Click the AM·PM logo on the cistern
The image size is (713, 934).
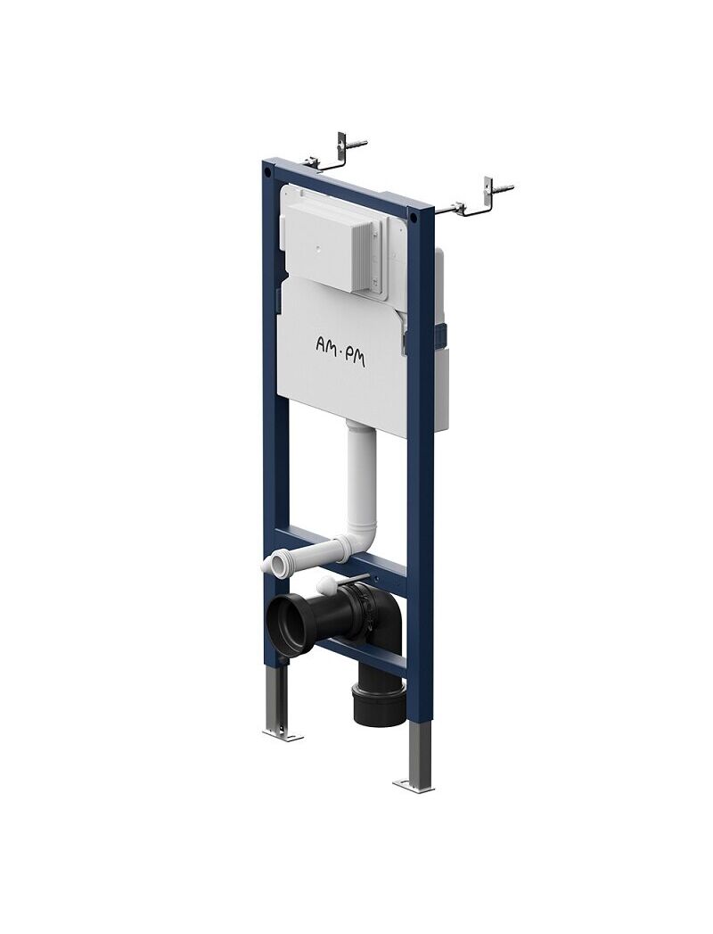click(x=340, y=351)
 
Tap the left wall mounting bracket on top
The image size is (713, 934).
click(x=334, y=153)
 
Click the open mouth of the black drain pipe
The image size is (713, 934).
click(x=290, y=626)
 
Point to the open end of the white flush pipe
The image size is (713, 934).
click(x=271, y=564)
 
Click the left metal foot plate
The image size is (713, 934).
click(x=283, y=735)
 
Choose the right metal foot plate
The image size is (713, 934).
click(x=414, y=786)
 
